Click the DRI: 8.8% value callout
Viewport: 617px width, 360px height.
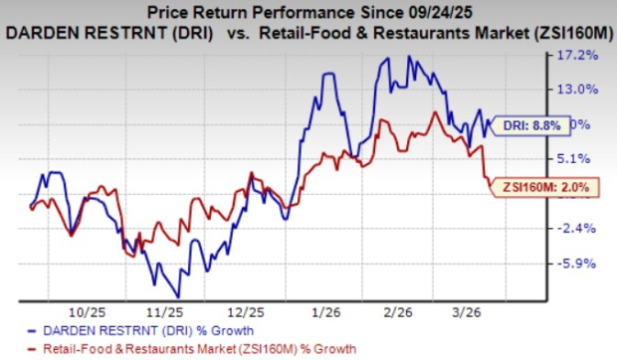tap(535, 125)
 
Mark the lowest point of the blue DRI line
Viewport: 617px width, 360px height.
tap(177, 295)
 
